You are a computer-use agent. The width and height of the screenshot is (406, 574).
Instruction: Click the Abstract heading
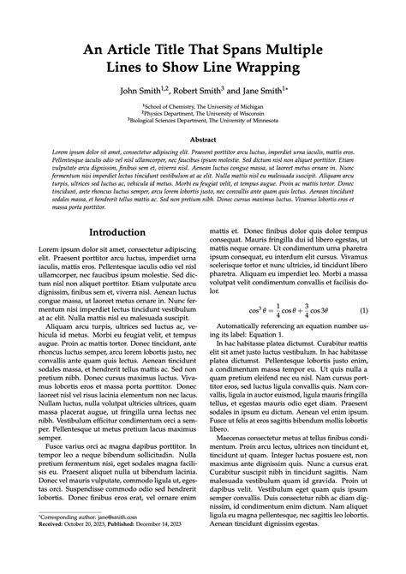click(x=203, y=138)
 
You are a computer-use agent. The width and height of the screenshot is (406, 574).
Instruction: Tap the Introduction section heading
click(x=117, y=232)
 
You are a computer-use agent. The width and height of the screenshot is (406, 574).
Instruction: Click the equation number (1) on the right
click(x=363, y=309)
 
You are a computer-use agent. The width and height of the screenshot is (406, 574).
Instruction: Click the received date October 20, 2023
click(x=93, y=549)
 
